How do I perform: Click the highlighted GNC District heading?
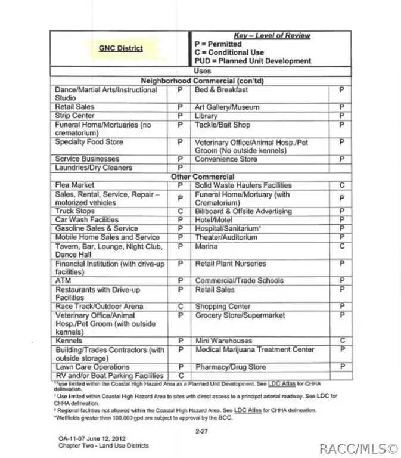tap(120, 48)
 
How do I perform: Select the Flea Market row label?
tap(71, 185)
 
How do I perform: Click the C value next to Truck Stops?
tap(180, 211)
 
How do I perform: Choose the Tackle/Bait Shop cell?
tap(223, 125)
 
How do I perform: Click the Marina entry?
tap(206, 246)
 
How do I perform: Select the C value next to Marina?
tap(341, 246)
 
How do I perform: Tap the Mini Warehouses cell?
tap(223, 341)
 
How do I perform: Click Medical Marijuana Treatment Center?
tap(254, 350)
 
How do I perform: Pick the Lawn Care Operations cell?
tap(92, 367)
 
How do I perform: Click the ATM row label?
tap(63, 280)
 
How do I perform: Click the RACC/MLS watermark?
tap(358, 448)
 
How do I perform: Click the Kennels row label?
tap(70, 341)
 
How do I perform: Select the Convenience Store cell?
tap(226, 159)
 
